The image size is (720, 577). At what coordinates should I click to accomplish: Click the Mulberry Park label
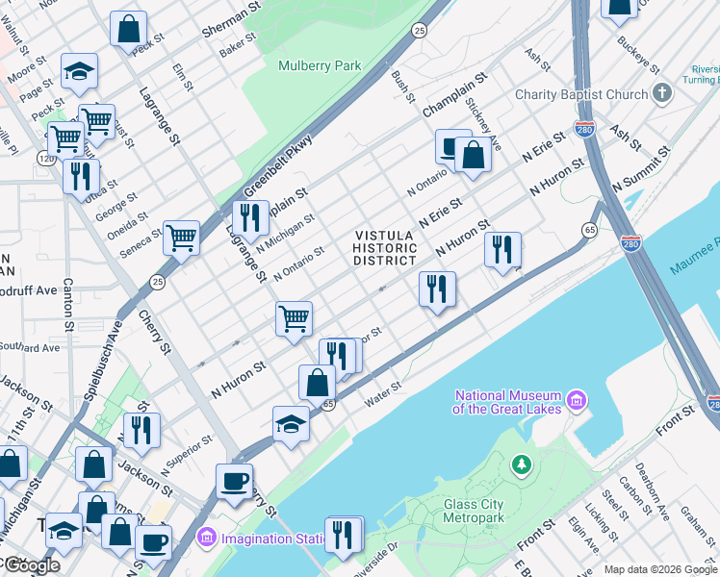tap(320, 66)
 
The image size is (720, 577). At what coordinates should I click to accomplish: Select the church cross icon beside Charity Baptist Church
tap(661, 93)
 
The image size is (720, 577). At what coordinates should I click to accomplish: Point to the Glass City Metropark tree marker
tap(522, 465)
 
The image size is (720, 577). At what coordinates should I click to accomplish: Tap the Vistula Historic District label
tap(385, 248)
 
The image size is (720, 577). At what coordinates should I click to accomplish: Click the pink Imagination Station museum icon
tap(205, 537)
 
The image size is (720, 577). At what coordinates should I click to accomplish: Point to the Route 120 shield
tap(46, 157)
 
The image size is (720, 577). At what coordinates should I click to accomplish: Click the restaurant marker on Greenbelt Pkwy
tap(250, 217)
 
